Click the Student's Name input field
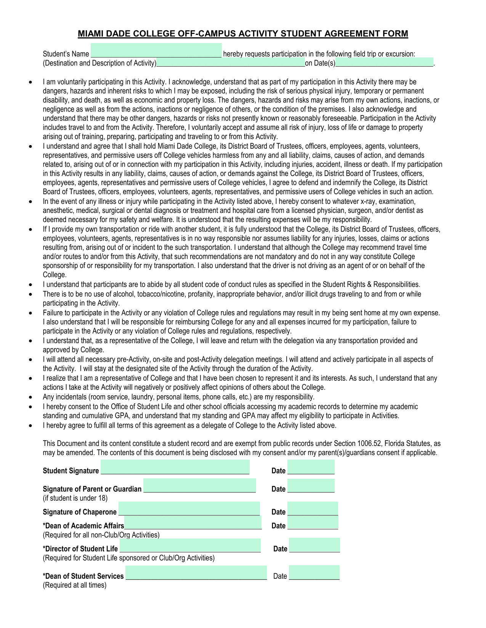click(156, 50)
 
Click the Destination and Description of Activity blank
click(231, 63)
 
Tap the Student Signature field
click(175, 467)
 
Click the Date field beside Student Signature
click(311, 467)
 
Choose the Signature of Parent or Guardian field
click(200, 486)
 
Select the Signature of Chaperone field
click(189, 508)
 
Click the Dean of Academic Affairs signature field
click(193, 523)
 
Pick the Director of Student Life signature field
click(190, 545)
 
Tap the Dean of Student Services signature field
click(196, 573)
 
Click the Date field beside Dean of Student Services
click(314, 573)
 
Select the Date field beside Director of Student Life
click(314, 545)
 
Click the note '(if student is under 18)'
click(75, 498)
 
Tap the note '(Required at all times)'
click(75, 585)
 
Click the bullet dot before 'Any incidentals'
click(31, 397)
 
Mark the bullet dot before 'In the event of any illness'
click(31, 201)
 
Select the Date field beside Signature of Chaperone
click(313, 508)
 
